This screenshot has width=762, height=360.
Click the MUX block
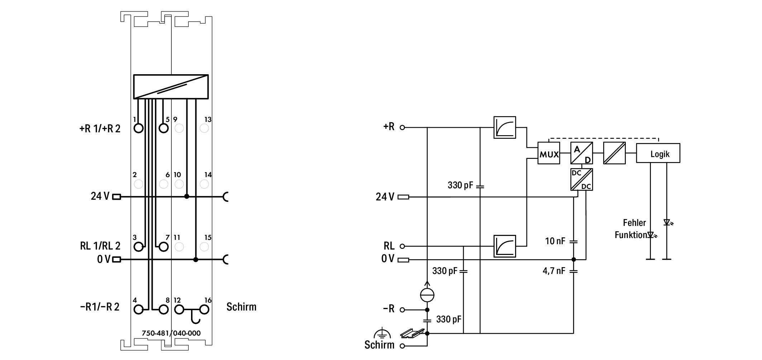pyautogui.click(x=549, y=153)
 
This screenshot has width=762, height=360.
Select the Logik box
pyautogui.click(x=658, y=153)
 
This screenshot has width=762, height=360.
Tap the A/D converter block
pyautogui.click(x=582, y=153)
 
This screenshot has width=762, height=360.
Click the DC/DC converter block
pyautogui.click(x=582, y=179)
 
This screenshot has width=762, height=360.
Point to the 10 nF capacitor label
pyautogui.click(x=555, y=241)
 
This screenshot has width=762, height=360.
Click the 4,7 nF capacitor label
pyautogui.click(x=554, y=271)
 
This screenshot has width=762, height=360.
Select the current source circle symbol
pyautogui.click(x=427, y=295)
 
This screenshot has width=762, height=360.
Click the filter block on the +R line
pyautogui.click(x=505, y=127)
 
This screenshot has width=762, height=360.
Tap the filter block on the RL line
pyautogui.click(x=505, y=246)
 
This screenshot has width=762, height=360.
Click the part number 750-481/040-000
pyautogui.click(x=171, y=333)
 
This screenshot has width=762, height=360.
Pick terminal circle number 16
pyautogui.click(x=204, y=309)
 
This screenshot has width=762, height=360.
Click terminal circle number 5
pyautogui.click(x=163, y=128)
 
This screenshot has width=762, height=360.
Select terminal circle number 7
pyautogui.click(x=163, y=247)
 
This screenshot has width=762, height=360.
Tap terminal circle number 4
pyautogui.click(x=138, y=309)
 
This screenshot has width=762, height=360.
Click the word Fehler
pyautogui.click(x=634, y=223)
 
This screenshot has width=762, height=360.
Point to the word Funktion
pyautogui.click(x=631, y=235)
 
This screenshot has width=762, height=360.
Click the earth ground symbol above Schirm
pyautogui.click(x=381, y=333)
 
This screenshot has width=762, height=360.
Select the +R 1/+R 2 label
pyautogui.click(x=100, y=128)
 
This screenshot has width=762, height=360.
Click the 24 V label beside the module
pyautogui.click(x=100, y=196)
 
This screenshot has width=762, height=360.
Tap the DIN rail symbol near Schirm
pyautogui.click(x=413, y=333)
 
